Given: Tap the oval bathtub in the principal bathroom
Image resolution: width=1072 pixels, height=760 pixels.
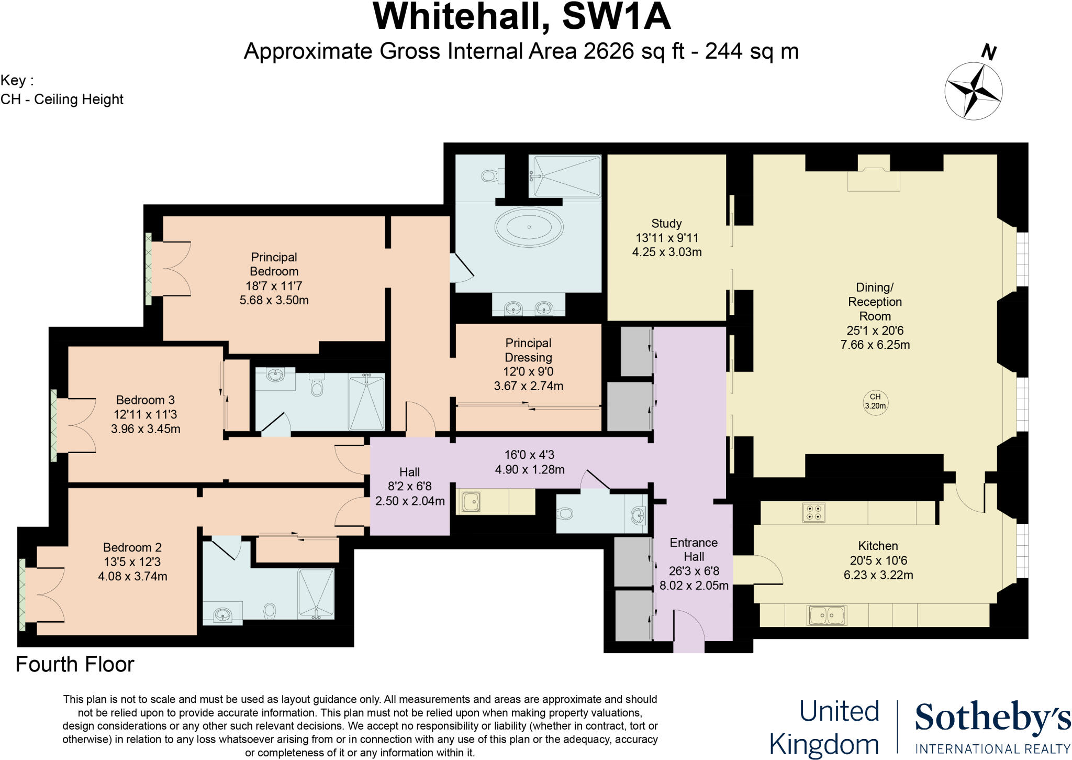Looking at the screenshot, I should click(x=529, y=227).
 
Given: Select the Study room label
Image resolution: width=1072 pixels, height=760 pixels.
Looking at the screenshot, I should click(x=666, y=224).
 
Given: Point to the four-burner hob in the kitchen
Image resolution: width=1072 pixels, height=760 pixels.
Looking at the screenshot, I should click(x=814, y=512).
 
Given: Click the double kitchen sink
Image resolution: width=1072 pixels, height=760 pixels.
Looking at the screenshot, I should click(x=827, y=615).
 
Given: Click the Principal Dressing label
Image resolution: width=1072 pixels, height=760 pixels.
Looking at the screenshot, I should click(x=528, y=350).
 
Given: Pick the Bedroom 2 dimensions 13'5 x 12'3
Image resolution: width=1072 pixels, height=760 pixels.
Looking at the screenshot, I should click(x=132, y=562).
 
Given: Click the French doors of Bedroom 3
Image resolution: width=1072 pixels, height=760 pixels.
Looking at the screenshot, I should click(x=76, y=425).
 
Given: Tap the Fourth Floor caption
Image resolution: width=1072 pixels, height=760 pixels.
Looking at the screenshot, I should click(x=75, y=664).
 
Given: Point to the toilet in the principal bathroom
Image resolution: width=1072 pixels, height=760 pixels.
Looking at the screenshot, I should click(x=490, y=175).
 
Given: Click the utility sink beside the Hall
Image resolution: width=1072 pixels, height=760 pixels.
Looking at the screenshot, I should click(x=471, y=502).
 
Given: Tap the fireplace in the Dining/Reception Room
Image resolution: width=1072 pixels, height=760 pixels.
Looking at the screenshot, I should click(x=874, y=179).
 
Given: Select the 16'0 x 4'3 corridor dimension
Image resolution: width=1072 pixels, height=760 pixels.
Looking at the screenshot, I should click(x=530, y=455).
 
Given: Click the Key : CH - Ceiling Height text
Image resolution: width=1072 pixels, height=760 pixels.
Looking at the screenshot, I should click(x=62, y=90).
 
